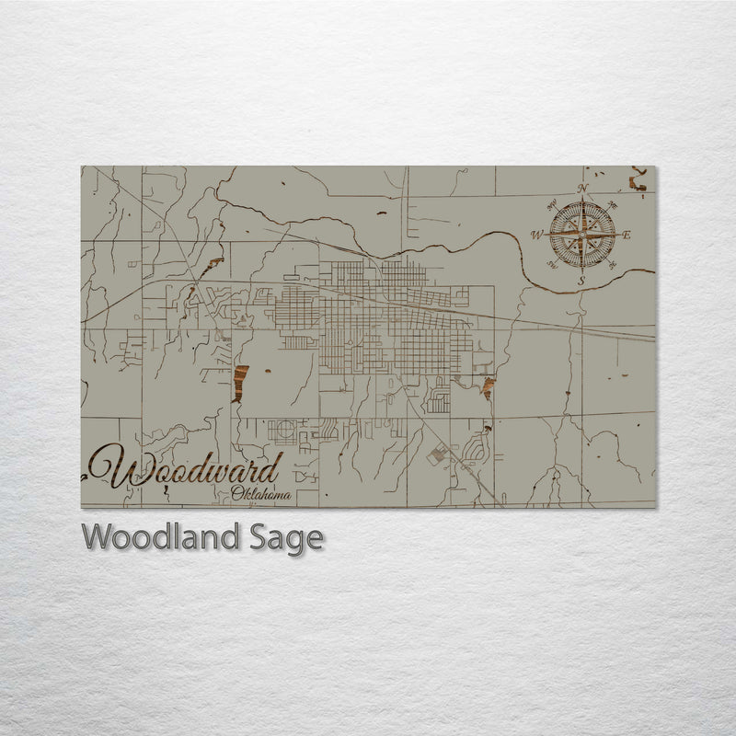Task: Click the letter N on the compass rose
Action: point(581,190)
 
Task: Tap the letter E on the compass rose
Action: point(627,236)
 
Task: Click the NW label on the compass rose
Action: point(551,204)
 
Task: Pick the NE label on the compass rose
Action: point(612,204)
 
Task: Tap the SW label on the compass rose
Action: point(552,265)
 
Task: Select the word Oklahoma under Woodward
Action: point(261,496)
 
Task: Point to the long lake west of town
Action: point(241,382)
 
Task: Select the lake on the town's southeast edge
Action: point(487,387)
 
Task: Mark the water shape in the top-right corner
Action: point(637,180)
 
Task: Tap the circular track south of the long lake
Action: point(284,430)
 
